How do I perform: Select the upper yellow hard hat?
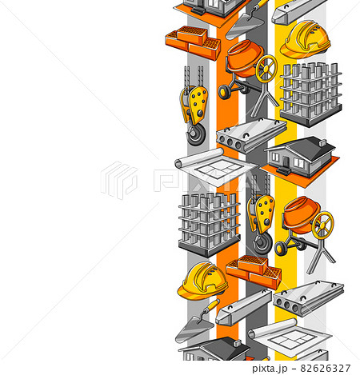[x=305, y=38]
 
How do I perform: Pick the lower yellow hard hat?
[x=202, y=281]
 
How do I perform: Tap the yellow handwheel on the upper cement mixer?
[x=266, y=69]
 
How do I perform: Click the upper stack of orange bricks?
[x=192, y=42]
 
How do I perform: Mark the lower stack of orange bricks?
[x=254, y=271]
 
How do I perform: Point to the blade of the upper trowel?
[x=243, y=30]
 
